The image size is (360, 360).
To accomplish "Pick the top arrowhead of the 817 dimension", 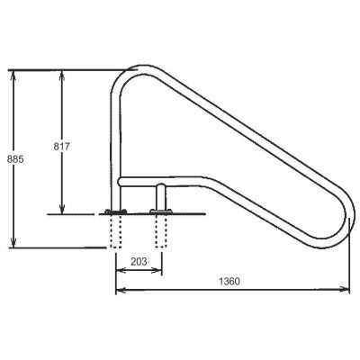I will tap(61, 72).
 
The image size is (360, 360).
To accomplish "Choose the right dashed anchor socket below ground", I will tap(162, 232).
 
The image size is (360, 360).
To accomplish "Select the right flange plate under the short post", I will tap(162, 213).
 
